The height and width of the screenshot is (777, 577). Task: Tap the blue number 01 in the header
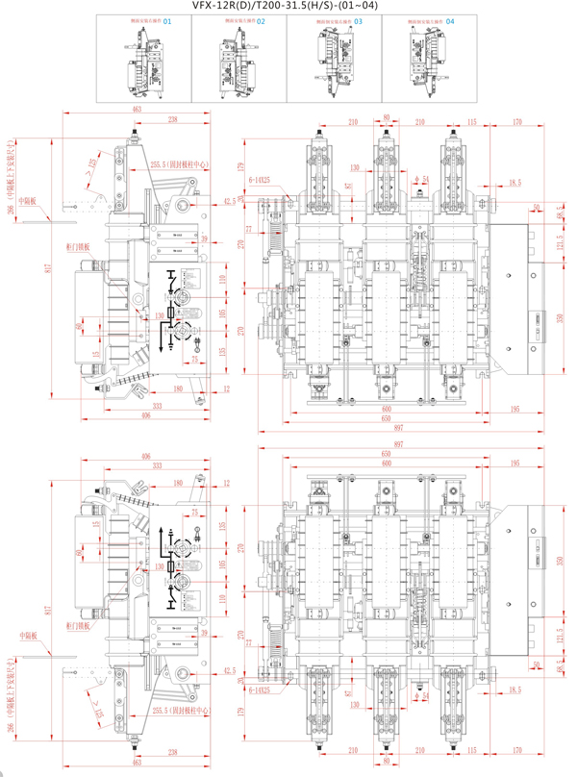168,20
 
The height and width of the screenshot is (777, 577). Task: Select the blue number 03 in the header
359,20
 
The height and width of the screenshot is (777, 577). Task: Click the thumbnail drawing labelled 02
240,57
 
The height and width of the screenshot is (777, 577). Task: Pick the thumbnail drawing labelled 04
431,57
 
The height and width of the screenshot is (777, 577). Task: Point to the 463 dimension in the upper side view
137,112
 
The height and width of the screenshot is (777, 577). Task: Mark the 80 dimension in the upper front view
387,117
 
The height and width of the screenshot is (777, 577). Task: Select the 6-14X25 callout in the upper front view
261,179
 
